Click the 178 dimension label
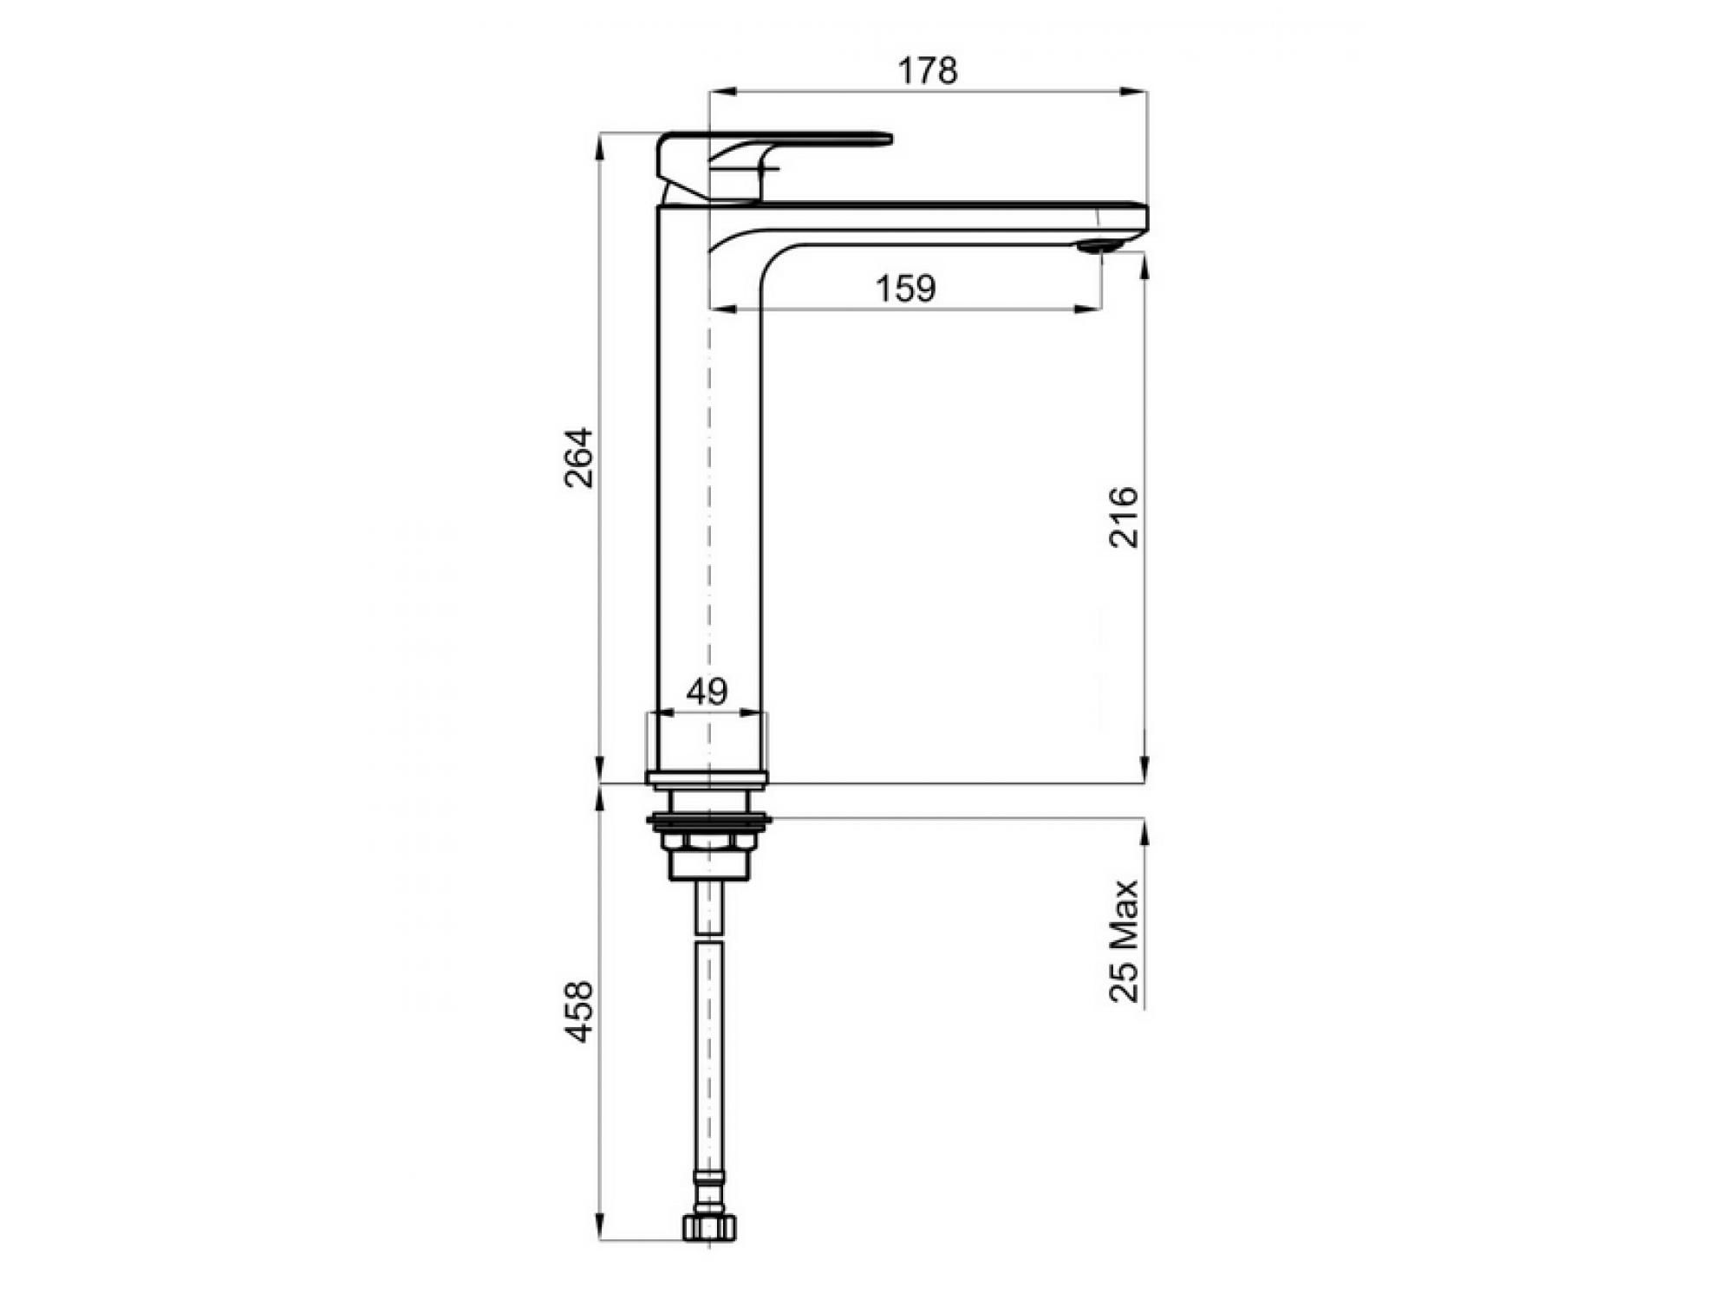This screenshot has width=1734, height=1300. [x=928, y=71]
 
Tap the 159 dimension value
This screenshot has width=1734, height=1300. [x=906, y=289]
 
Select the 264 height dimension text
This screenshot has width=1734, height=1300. [x=579, y=458]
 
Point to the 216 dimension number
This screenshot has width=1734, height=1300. [x=1124, y=517]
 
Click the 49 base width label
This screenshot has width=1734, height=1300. [x=707, y=692]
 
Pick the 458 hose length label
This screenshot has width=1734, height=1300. [x=579, y=1011]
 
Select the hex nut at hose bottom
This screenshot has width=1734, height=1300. [x=709, y=1228]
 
